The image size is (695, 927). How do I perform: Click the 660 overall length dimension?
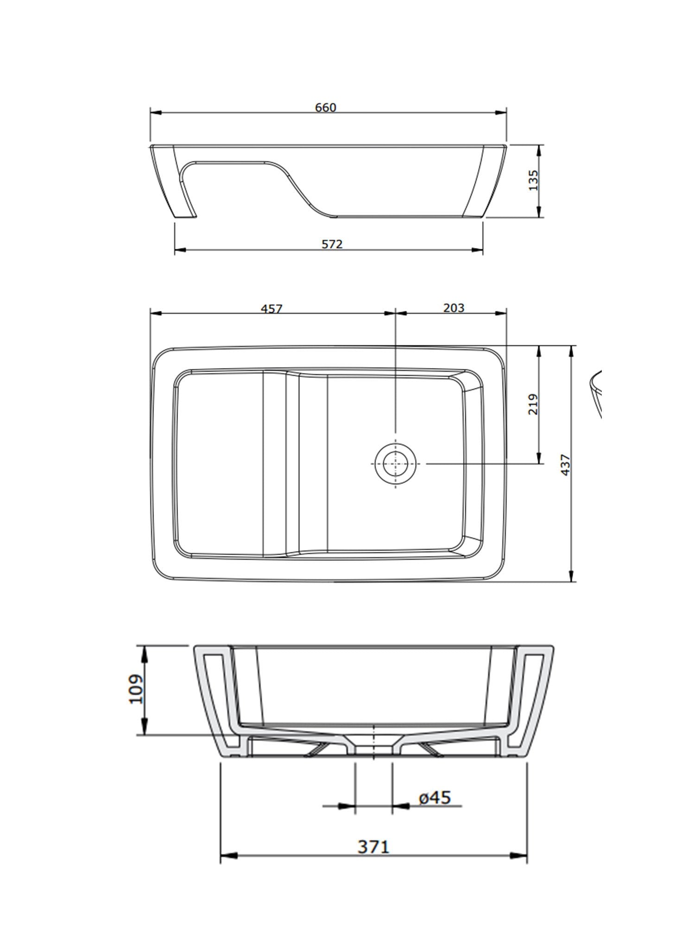click(326, 108)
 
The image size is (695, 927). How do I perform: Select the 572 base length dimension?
click(333, 244)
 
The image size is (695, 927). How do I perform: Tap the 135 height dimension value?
click(534, 180)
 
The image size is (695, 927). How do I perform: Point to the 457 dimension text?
click(272, 308)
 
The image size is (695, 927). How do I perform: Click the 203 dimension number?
click(454, 307)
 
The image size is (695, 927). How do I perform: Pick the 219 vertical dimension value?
click(534, 404)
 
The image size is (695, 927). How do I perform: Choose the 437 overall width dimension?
click(566, 464)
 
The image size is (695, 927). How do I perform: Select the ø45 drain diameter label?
click(434, 797)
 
